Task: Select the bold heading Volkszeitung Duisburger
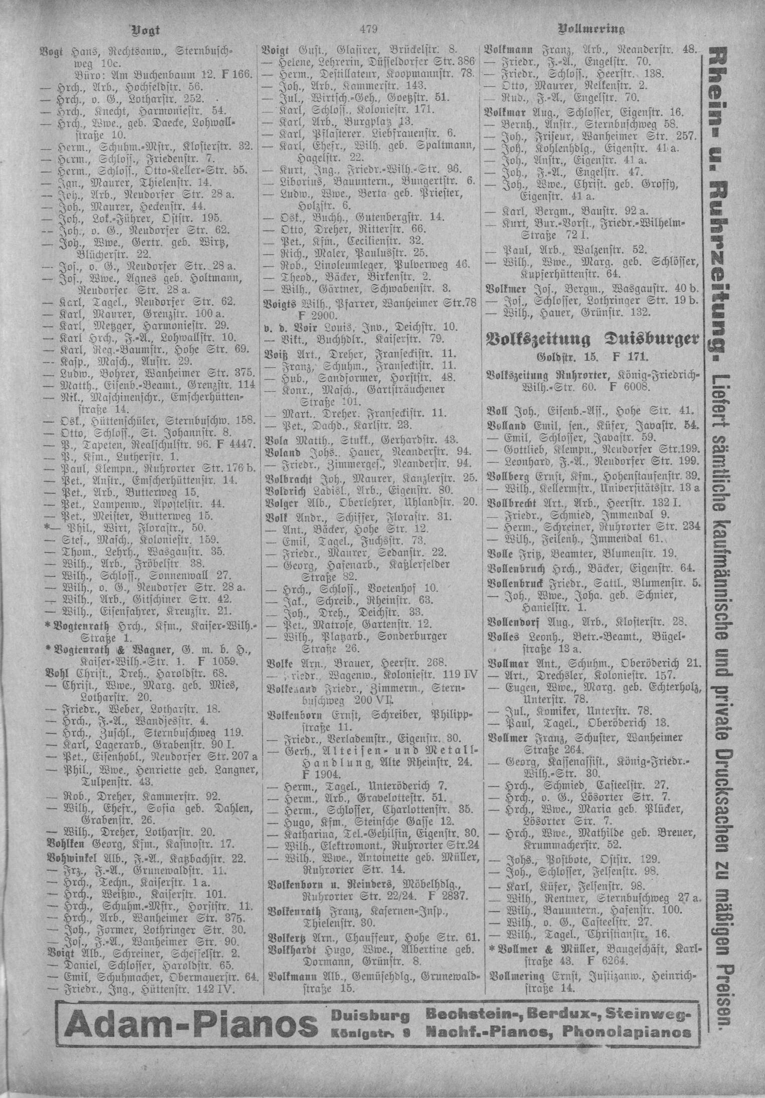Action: coord(592,340)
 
